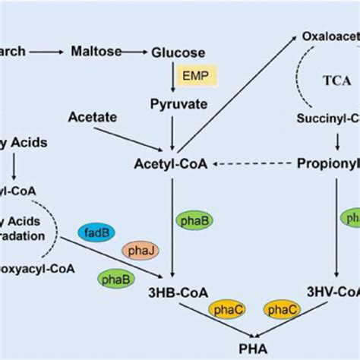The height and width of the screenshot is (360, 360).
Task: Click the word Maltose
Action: pyautogui.click(x=97, y=52)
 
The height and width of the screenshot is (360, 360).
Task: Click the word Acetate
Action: pyautogui.click(x=91, y=117)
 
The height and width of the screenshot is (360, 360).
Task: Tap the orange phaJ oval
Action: pyautogui.click(x=137, y=250)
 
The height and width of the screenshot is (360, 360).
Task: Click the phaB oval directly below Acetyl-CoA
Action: pyautogui.click(x=194, y=219)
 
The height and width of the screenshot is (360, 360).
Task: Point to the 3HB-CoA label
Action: pyautogui.click(x=179, y=292)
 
